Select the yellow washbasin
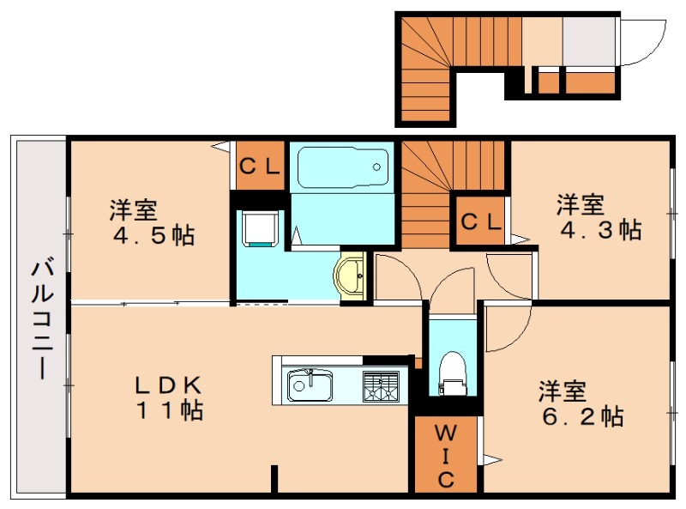pyautogui.click(x=353, y=276)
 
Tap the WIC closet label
pyautogui.click(x=446, y=455)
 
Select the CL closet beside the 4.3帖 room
pyautogui.click(x=481, y=221)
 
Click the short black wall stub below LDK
pyautogui.click(x=274, y=479)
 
